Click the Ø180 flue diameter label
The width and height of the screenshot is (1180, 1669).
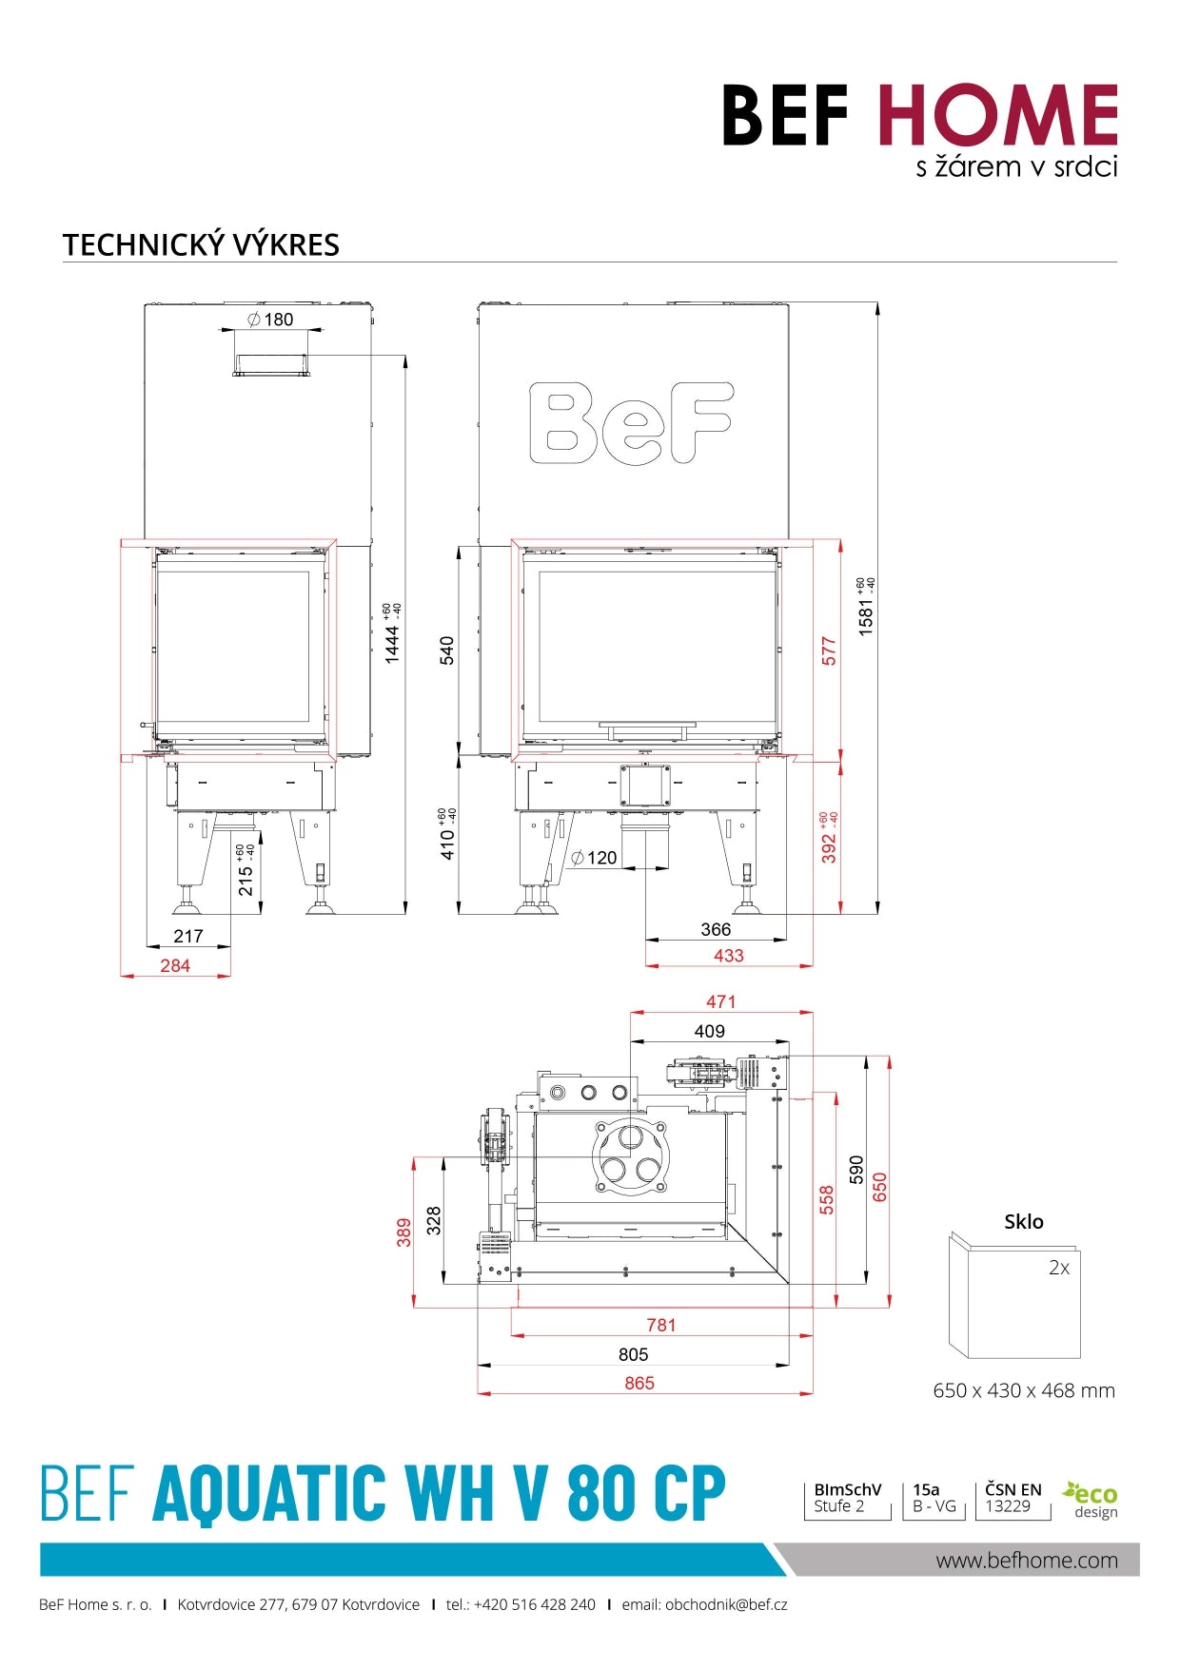[270, 320]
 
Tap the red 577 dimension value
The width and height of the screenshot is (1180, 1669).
[829, 651]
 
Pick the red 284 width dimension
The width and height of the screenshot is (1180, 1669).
[175, 965]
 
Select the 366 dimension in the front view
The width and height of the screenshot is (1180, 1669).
[716, 929]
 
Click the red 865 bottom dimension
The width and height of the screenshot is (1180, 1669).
[639, 1383]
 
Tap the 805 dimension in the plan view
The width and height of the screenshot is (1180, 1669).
[633, 1354]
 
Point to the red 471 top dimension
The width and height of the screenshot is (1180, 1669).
[720, 1001]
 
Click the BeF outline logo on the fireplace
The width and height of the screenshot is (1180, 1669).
[631, 423]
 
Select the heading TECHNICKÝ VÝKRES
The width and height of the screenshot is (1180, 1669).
[201, 244]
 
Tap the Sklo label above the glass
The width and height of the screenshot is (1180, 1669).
[1023, 1222]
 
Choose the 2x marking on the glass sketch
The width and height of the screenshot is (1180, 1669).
[1058, 1268]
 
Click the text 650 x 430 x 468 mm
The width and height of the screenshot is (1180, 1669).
[1023, 1390]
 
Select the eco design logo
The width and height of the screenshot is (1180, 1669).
[1091, 1500]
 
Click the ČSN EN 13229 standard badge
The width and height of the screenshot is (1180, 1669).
[1013, 1498]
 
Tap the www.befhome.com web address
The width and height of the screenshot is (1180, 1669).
[1026, 1560]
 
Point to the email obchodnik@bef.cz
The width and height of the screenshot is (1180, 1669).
[704, 1604]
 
